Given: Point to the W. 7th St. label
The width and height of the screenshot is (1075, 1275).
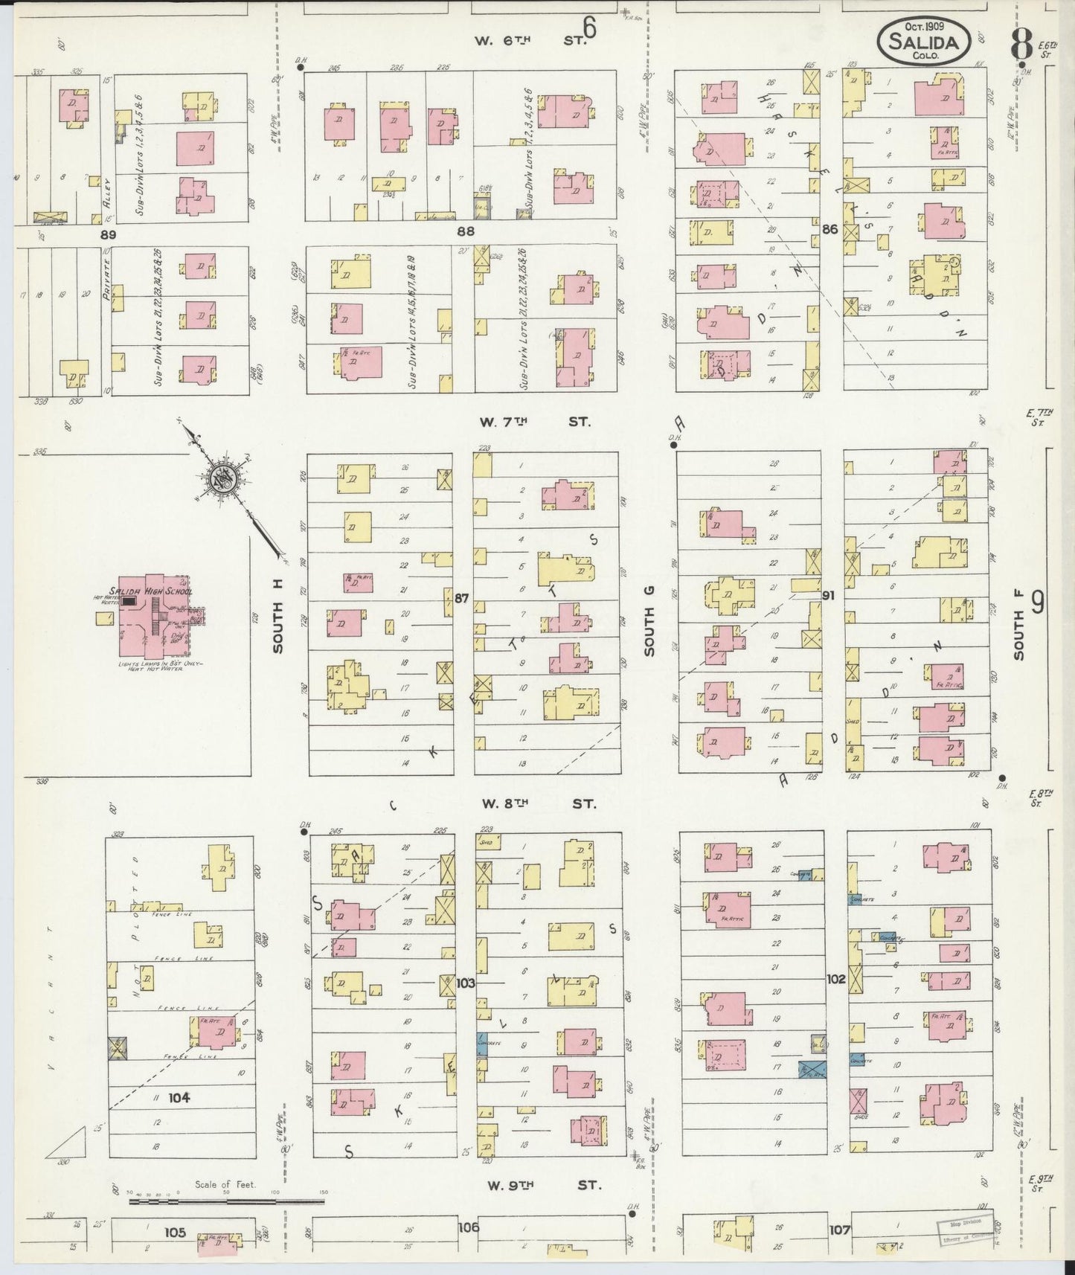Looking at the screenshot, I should click(x=534, y=422).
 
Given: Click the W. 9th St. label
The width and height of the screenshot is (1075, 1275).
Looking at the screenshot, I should click(x=544, y=1186).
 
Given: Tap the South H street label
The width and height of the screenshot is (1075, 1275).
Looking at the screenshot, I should click(x=278, y=617).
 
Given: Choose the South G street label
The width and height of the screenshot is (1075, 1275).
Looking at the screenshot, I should click(x=649, y=632).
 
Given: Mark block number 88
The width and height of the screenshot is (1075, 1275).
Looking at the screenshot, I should click(x=466, y=231).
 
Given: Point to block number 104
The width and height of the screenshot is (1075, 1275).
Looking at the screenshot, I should click(x=179, y=1097).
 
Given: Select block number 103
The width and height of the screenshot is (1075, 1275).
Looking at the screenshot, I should click(x=465, y=983).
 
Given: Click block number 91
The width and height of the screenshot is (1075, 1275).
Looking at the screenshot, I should click(x=830, y=596).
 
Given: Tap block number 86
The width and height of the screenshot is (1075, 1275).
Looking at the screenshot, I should click(x=830, y=230).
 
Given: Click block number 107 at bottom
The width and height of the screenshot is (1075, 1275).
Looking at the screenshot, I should click(x=840, y=1230).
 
